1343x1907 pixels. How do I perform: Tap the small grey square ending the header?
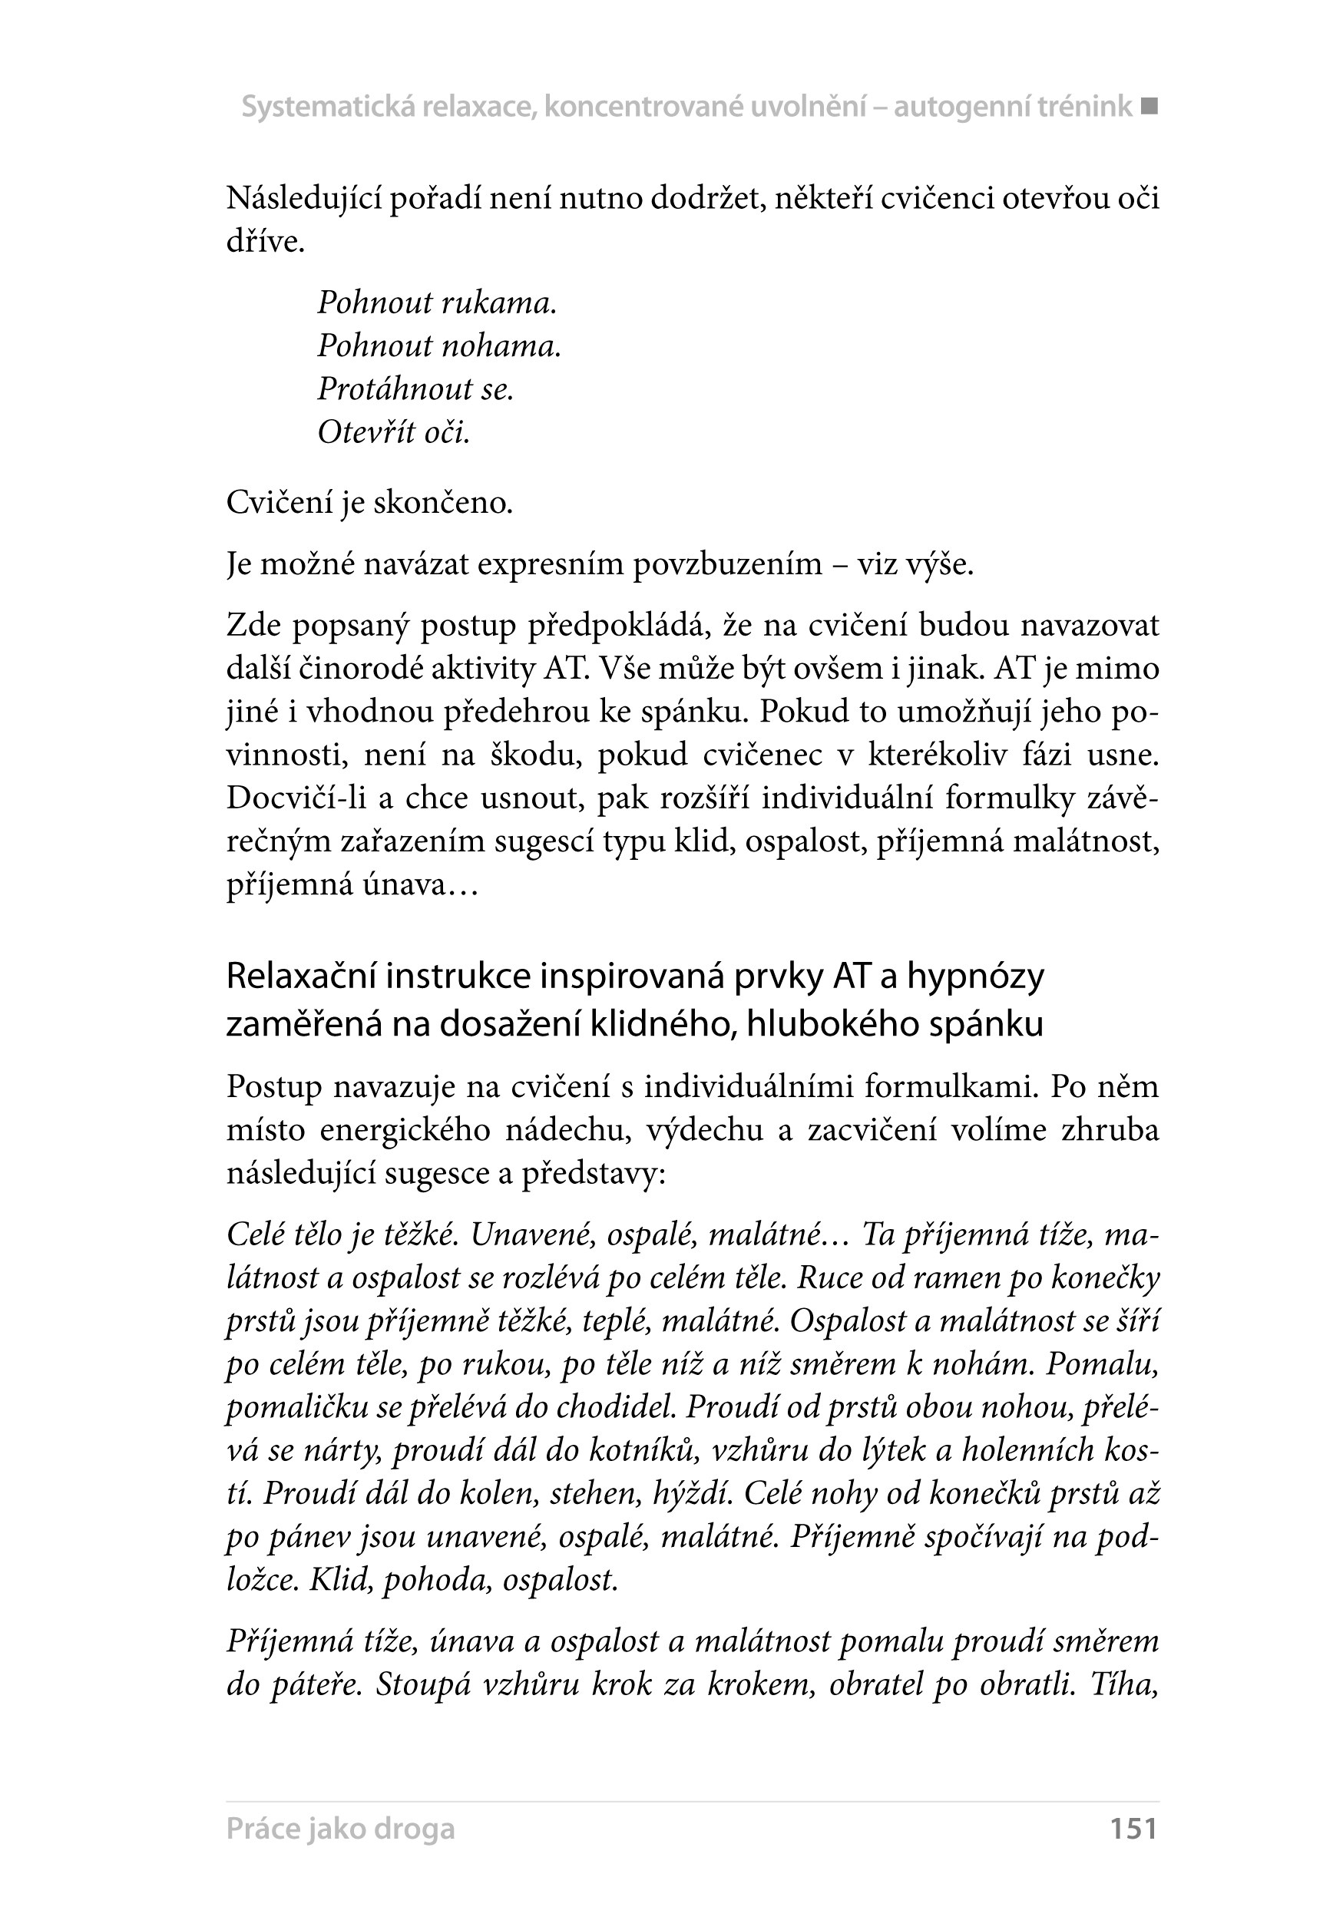tap(1149, 106)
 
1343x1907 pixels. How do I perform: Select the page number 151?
tap(1133, 1828)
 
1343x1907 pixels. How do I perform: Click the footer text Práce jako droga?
tap(340, 1828)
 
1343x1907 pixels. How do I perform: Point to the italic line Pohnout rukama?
tap(437, 303)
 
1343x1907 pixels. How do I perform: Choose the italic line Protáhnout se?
tap(416, 389)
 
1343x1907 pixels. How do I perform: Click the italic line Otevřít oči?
tap(394, 433)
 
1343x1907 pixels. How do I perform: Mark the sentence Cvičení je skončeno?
tap(369, 504)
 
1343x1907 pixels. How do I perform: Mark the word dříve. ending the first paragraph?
tap(265, 243)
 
